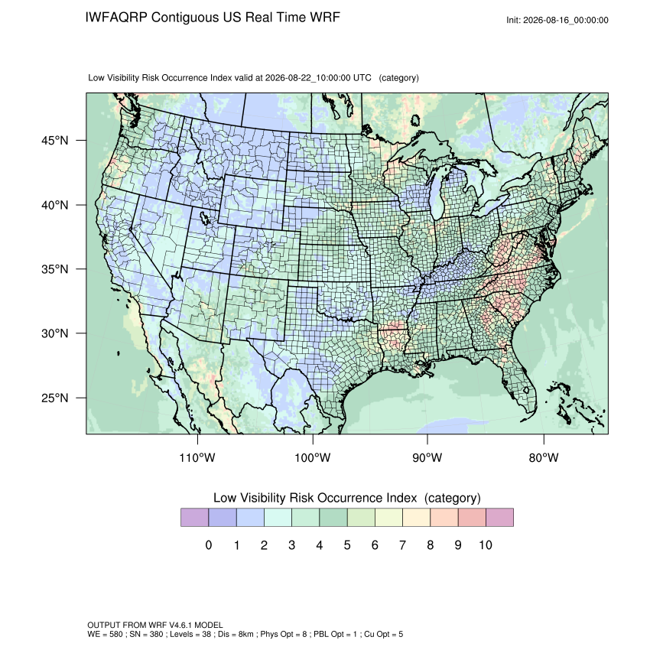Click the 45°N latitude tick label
tap(54, 141)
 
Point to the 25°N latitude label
tap(54, 398)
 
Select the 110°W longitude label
tap(197, 457)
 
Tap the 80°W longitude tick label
tap(544, 457)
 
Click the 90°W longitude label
tap(427, 457)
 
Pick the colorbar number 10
tap(486, 544)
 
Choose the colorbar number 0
tap(209, 544)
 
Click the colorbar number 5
tap(347, 544)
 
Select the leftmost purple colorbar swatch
tap(194, 518)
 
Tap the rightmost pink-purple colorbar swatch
tap(499, 518)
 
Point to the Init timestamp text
tap(557, 20)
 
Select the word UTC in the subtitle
tap(362, 78)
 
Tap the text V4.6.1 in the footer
tap(180, 625)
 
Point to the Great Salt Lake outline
tap(204, 218)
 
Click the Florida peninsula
tap(520, 382)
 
